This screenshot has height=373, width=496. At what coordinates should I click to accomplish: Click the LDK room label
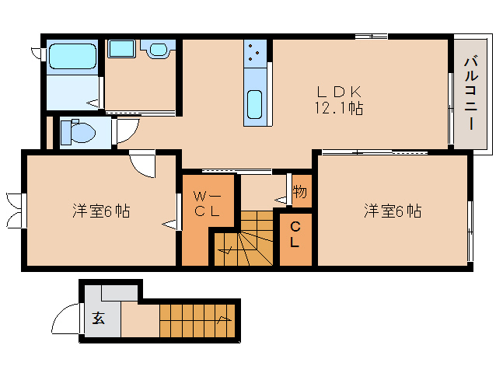point(339,92)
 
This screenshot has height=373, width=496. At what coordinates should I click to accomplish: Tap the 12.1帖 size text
point(338,108)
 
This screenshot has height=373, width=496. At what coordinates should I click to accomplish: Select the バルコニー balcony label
point(471,92)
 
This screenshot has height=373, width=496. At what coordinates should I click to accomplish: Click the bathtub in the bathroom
point(72,56)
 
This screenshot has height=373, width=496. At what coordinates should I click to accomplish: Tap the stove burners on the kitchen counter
point(254,53)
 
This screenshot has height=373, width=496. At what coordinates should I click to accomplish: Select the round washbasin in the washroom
point(158,49)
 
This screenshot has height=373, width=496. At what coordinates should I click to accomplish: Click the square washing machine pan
point(122,49)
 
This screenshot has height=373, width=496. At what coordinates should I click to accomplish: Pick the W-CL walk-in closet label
point(208,204)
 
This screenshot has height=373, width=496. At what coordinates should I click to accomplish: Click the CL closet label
point(295,234)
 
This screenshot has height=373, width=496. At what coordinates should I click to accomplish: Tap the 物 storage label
point(299,191)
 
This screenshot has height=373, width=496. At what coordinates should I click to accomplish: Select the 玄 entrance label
point(99,318)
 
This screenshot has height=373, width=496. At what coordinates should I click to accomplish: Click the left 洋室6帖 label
point(101,211)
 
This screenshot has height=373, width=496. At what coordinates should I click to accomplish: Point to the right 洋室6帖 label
point(393,211)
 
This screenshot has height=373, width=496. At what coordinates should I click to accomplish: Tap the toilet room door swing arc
point(132,134)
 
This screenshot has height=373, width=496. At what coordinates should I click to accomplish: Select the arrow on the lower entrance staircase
point(224,319)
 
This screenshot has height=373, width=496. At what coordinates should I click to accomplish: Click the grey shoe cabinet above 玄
point(119,293)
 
